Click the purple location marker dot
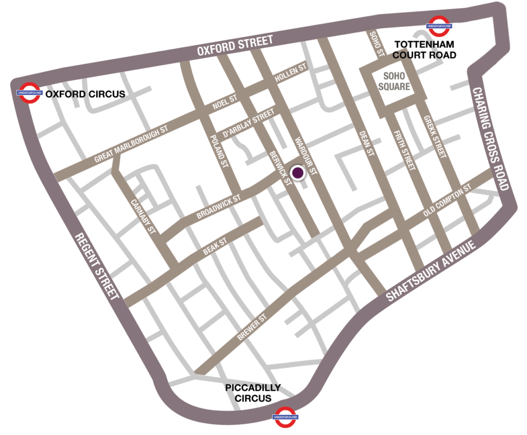click(297, 173)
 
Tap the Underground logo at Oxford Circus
click(28, 93)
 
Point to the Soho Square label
click(394, 80)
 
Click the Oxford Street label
click(235, 46)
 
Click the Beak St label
click(215, 247)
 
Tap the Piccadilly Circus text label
click(253, 393)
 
